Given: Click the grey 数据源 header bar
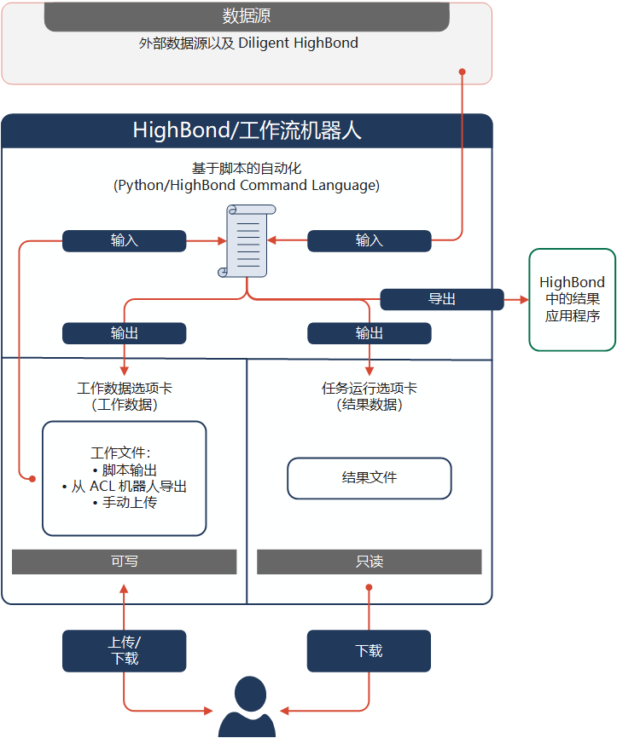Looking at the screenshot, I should click(247, 16).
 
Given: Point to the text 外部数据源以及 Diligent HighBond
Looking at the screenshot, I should click(247, 43).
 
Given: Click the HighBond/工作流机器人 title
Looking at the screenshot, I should click(247, 130).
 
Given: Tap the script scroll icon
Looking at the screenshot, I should click(247, 240).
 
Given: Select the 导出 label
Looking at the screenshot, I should click(441, 299).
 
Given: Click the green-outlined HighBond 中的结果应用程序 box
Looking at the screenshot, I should click(572, 299).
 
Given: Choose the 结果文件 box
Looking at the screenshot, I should click(369, 478).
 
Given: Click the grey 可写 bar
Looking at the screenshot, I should click(124, 562).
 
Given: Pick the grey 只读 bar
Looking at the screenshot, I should click(369, 562).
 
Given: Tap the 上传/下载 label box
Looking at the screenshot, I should click(124, 650).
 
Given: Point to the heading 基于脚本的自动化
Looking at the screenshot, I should click(247, 169).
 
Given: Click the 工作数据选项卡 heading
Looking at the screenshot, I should click(124, 388).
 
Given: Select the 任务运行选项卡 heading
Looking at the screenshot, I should click(369, 388).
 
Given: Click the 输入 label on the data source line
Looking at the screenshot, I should click(369, 241).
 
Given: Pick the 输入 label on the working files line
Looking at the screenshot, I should click(124, 241).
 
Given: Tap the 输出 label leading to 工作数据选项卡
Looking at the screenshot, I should click(124, 333).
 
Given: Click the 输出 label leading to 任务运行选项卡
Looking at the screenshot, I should click(369, 333).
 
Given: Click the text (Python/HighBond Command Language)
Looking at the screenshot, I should click(247, 185).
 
